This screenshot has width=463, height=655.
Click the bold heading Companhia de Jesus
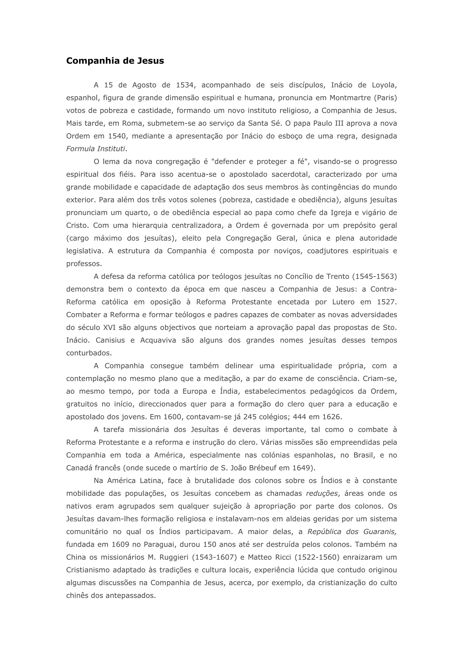(115, 61)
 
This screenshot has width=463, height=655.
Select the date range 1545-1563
(375, 276)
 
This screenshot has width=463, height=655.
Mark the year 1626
(332, 417)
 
